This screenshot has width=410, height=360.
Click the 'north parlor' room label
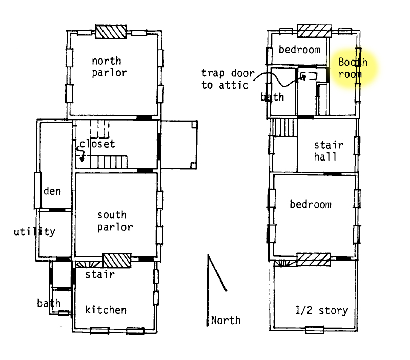[x=110, y=67]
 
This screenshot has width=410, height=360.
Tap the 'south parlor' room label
[x=115, y=221]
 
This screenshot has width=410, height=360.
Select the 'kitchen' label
[x=106, y=310]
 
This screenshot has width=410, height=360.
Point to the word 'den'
[x=52, y=191]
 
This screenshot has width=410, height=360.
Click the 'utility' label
[x=34, y=232]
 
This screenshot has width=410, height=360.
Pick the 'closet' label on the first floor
[x=97, y=144]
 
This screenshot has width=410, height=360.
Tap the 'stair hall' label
[x=329, y=151]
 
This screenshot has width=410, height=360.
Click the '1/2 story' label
[x=322, y=310]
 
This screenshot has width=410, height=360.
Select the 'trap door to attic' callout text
[x=228, y=79]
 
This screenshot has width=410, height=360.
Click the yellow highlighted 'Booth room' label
[x=353, y=68]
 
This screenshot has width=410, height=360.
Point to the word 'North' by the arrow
[x=225, y=320]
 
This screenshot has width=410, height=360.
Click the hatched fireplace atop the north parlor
[x=111, y=32]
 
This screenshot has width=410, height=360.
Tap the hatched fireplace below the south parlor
[x=117, y=261]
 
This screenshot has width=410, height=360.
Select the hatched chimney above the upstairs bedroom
[x=315, y=31]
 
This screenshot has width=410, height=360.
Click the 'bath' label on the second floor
[x=272, y=97]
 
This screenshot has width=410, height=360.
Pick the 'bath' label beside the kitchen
[x=49, y=303]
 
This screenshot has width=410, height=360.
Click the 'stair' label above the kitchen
[x=100, y=274]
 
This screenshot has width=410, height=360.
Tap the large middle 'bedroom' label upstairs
[x=311, y=204]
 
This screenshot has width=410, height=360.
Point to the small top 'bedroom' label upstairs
[x=300, y=49]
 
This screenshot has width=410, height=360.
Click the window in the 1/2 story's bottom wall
[x=315, y=330]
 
